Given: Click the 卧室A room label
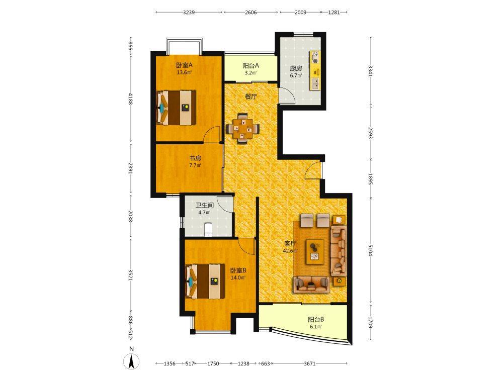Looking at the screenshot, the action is tap(185, 65).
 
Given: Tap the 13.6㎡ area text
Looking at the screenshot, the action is tap(184, 72).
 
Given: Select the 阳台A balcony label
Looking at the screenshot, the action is tap(250, 66).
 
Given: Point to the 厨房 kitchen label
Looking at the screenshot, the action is tap(296, 68).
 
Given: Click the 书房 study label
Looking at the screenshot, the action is tap(195, 158).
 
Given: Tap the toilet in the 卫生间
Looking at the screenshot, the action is tap(209, 229).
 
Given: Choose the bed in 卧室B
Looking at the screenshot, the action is tap(205, 281).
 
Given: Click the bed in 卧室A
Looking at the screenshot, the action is tap(176, 108).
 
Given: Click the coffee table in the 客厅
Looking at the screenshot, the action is tap(315, 252).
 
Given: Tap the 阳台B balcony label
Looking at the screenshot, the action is tap(316, 320).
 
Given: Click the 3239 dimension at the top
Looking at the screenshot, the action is tap(189, 12).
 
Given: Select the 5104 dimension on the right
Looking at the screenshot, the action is tap(371, 250).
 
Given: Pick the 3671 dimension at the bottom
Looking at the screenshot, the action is tap(309, 363).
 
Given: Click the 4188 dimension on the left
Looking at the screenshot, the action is tap(131, 99).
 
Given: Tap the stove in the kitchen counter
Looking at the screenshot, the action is tap(315, 58).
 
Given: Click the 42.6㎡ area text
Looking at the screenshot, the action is tap(290, 251).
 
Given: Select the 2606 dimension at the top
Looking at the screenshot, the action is tap(251, 12).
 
